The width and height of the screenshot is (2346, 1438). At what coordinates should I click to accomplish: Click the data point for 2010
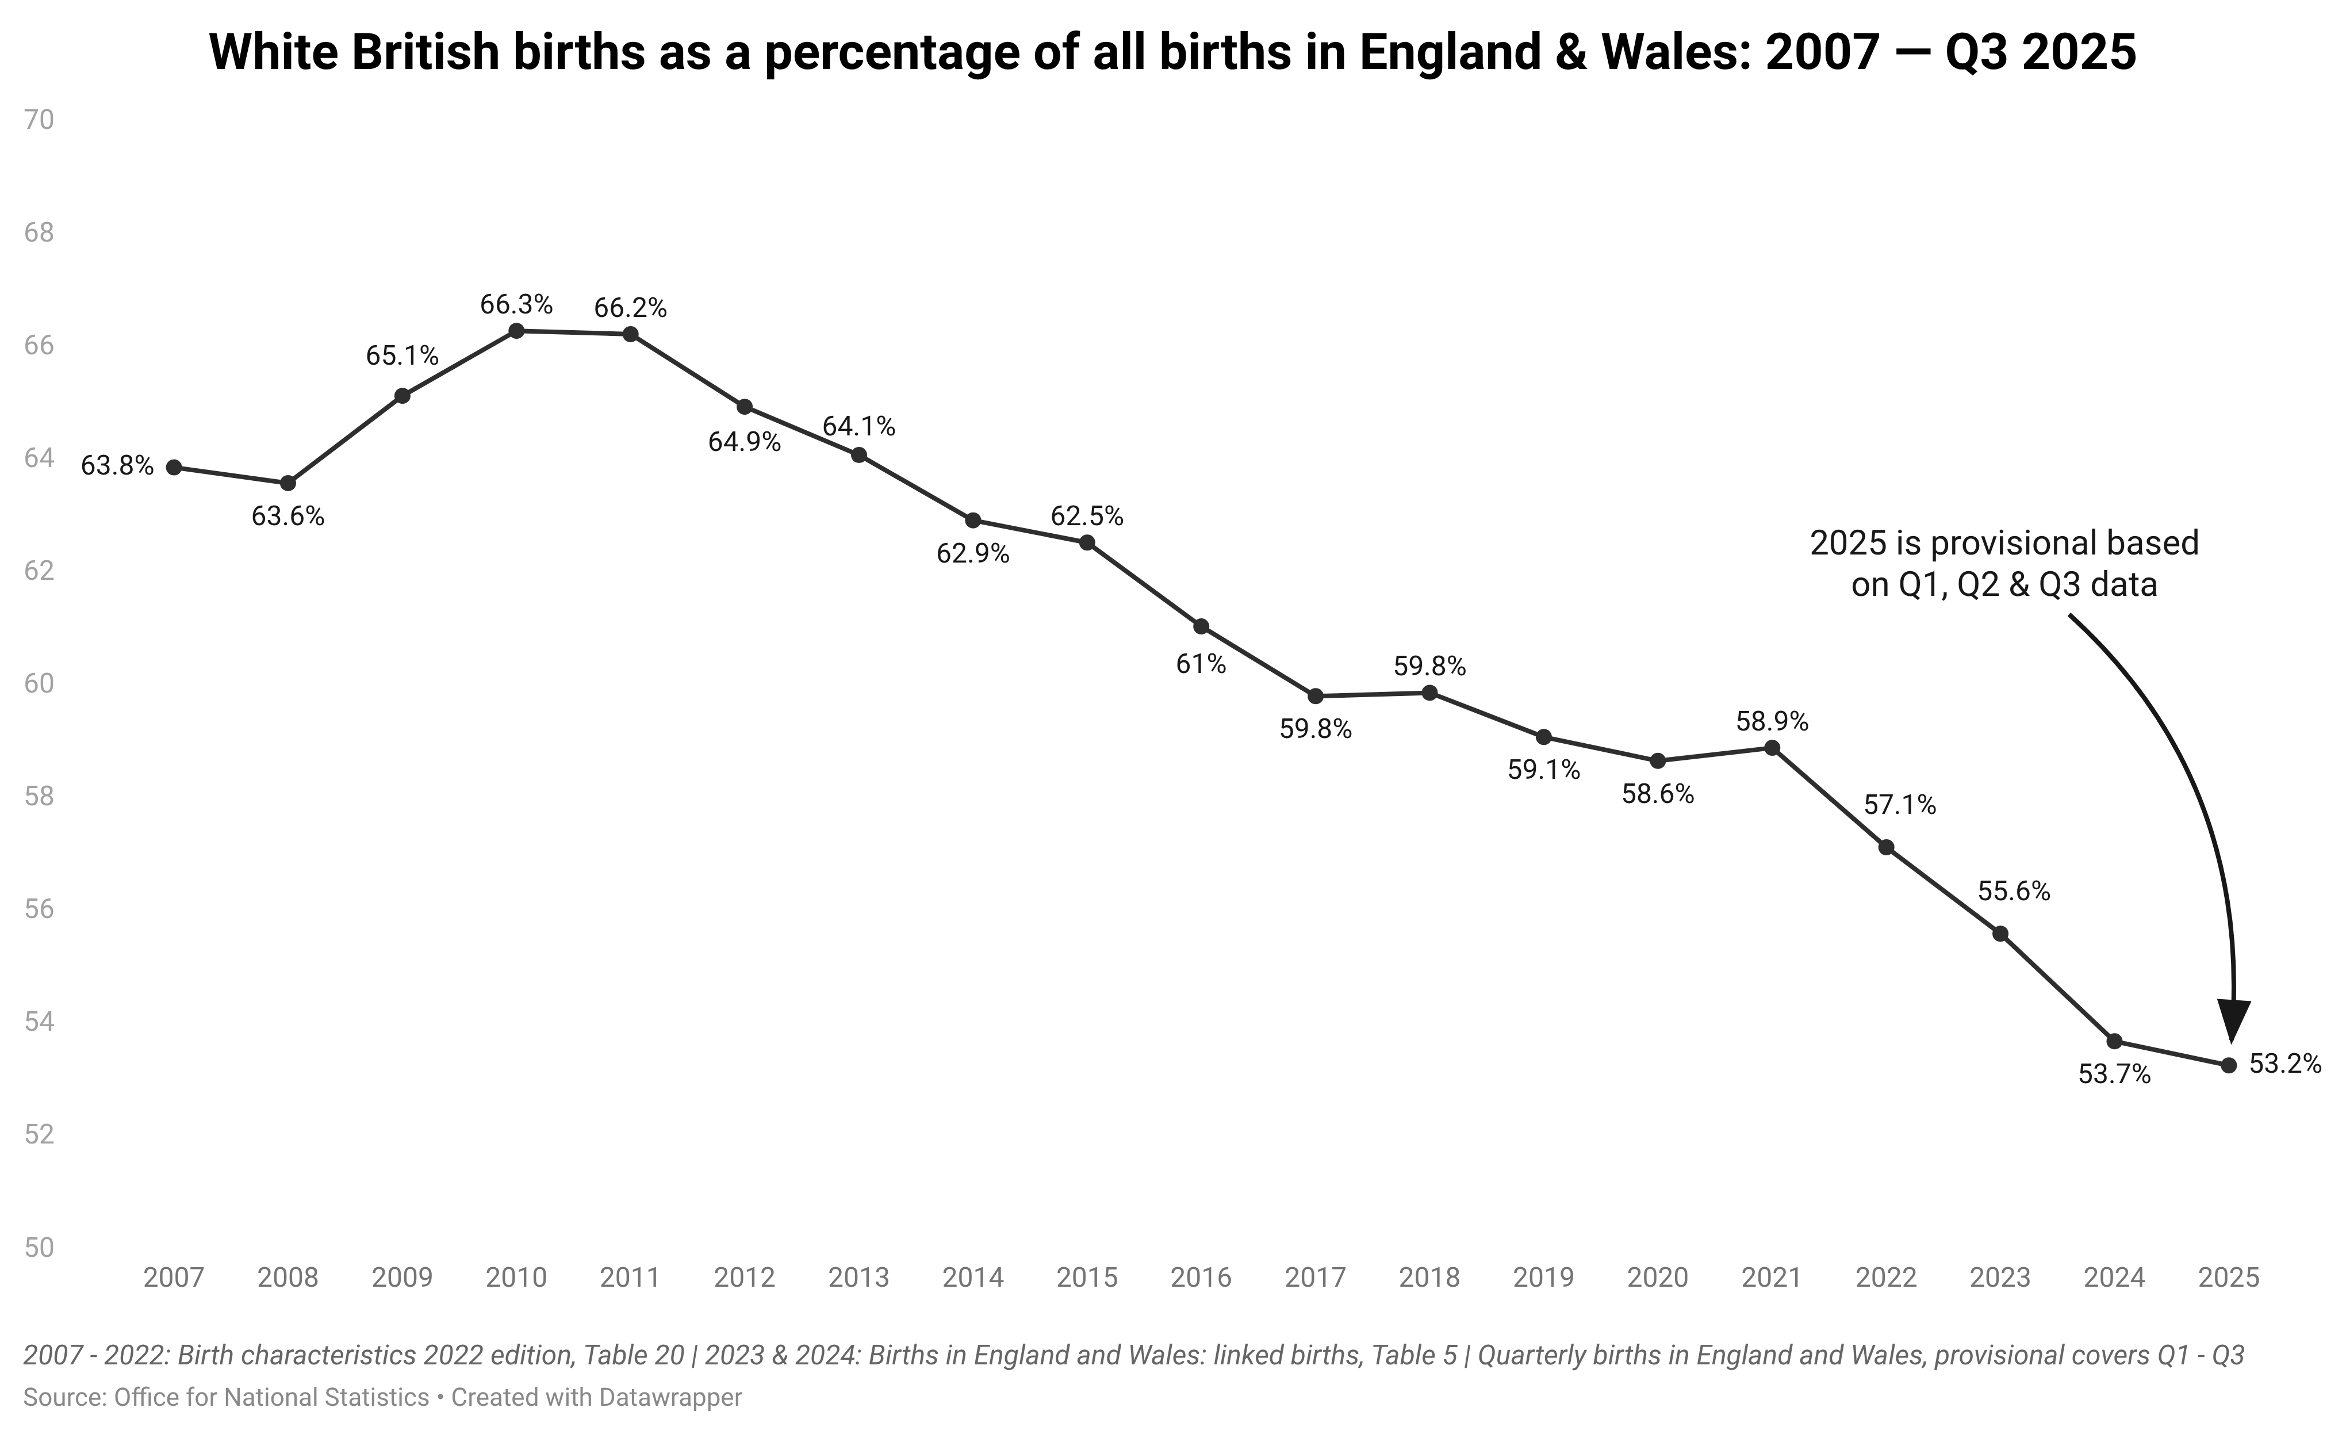click(516, 331)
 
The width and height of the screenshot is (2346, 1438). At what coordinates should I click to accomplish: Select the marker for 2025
click(2229, 1065)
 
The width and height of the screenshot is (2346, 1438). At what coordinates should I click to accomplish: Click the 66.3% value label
click(516, 305)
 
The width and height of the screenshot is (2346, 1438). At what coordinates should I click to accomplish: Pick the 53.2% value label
click(2285, 1064)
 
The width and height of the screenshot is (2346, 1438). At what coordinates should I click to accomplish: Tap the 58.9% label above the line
click(1772, 721)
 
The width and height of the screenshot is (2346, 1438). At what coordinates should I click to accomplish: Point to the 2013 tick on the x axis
click(859, 1277)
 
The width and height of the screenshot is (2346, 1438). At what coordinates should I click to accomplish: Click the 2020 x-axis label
click(1658, 1277)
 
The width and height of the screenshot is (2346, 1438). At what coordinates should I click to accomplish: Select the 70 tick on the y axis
click(39, 120)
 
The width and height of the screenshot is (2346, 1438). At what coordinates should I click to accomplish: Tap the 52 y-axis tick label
click(39, 1134)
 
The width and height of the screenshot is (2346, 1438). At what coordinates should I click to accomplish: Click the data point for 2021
click(1772, 748)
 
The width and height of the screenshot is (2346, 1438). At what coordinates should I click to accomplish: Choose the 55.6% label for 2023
click(2014, 892)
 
